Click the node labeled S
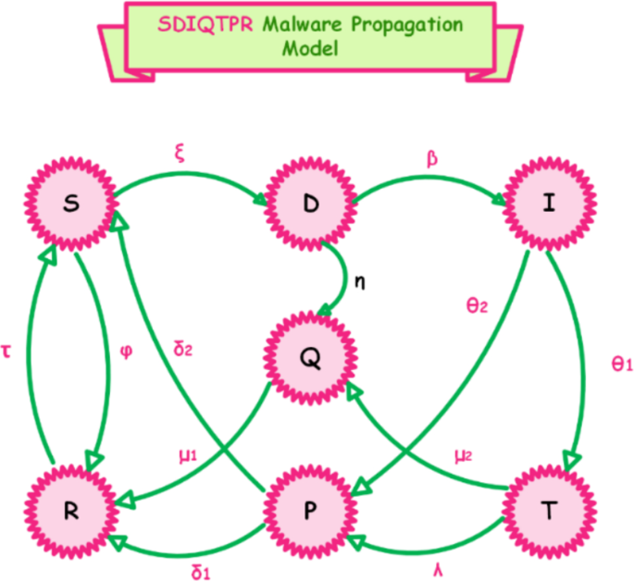point(73,205)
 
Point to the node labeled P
point(311,510)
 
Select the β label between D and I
point(431,158)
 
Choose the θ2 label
point(476,304)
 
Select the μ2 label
point(463,455)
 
